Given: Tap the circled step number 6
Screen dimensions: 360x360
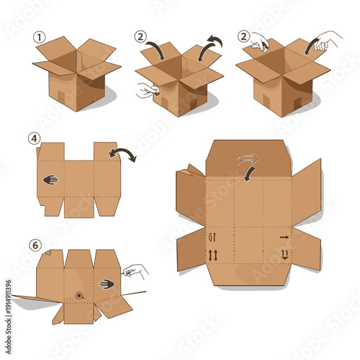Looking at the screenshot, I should point(33,244).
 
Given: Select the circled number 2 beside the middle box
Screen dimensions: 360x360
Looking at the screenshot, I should point(140,35).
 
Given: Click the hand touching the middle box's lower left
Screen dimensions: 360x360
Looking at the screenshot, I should point(147,91).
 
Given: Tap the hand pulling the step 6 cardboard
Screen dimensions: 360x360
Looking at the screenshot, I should point(135,271).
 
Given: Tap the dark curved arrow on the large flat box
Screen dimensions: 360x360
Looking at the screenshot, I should point(247,174).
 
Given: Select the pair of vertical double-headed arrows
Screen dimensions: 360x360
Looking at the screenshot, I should point(212,255).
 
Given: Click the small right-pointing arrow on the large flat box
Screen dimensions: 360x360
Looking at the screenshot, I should point(284,236).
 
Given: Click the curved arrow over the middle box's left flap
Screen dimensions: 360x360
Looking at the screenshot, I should point(154,51).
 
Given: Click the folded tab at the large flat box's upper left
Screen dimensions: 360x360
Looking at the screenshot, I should point(191,170).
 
